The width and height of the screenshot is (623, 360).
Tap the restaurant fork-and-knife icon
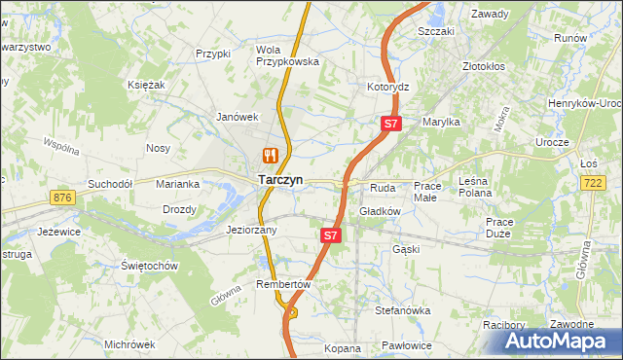tap(270, 155)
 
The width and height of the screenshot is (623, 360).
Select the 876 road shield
tap(64, 198)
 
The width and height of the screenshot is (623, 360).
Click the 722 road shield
tap(592, 183)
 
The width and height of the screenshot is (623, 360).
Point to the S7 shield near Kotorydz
tap(390, 124)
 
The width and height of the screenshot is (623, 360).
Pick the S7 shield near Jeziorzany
tap(331, 235)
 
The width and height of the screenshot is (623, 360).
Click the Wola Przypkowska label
tap(287, 54)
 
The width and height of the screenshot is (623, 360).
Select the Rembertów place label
tap(282, 284)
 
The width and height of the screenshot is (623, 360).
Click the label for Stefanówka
tap(403, 310)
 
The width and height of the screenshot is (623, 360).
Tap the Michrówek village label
tap(130, 344)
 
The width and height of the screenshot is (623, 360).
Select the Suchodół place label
tap(109, 183)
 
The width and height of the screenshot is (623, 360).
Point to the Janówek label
tap(236, 117)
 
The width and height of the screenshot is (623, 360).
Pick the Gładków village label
tap(381, 210)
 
